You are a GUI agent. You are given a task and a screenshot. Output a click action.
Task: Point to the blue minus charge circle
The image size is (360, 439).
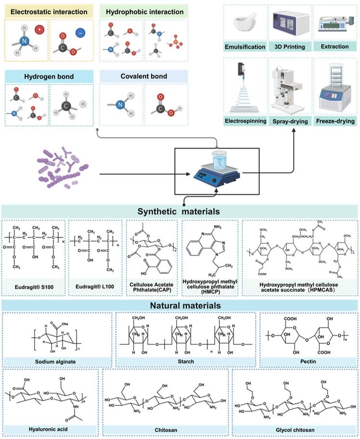point(80,32)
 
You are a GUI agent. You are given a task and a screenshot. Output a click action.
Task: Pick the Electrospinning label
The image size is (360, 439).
point(245,120)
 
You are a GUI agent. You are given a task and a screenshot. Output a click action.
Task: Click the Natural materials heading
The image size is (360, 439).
point(179,305)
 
